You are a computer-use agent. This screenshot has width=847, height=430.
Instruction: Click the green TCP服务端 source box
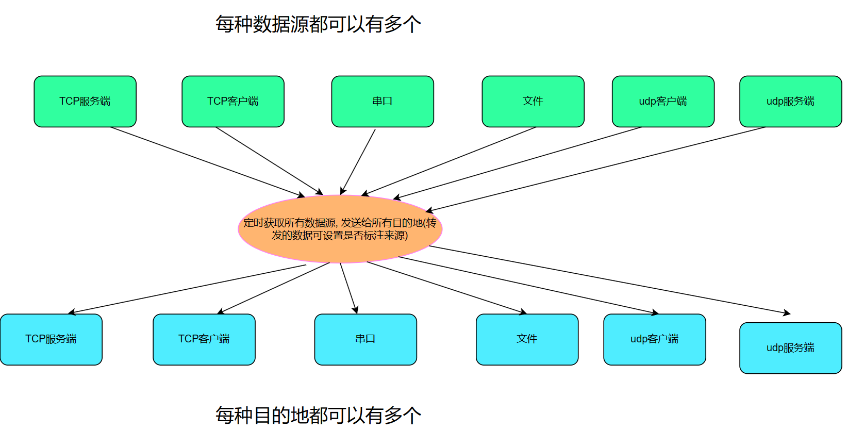pyautogui.click(x=85, y=102)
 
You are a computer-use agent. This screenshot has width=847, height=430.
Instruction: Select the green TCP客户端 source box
pyautogui.click(x=233, y=102)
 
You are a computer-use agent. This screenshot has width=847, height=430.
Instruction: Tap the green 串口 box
pyautogui.click(x=383, y=102)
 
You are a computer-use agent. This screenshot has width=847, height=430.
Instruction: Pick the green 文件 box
pyautogui.click(x=533, y=102)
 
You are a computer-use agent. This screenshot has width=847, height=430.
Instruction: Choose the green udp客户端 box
pyautogui.click(x=663, y=102)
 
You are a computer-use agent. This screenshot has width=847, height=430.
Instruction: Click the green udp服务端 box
pyautogui.click(x=790, y=102)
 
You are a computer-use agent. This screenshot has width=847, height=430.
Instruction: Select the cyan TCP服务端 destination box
pyautogui.click(x=51, y=339)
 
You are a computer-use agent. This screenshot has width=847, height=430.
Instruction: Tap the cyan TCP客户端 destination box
pyautogui.click(x=204, y=339)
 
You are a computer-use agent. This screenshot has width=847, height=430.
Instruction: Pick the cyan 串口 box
pyautogui.click(x=366, y=339)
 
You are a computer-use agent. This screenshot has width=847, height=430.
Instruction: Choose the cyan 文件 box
pyautogui.click(x=527, y=339)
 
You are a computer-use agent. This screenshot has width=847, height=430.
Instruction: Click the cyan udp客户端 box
pyautogui.click(x=654, y=339)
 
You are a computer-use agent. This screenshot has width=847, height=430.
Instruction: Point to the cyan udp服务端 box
pyautogui.click(x=790, y=348)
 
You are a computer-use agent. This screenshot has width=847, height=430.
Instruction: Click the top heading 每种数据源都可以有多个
pyautogui.click(x=318, y=24)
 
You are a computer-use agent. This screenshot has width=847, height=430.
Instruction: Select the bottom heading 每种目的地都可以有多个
pyautogui.click(x=318, y=415)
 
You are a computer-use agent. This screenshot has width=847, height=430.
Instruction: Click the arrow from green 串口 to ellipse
pyautogui.click(x=358, y=161)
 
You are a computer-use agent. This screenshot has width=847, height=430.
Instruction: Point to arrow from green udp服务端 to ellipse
pyautogui.click(x=595, y=169)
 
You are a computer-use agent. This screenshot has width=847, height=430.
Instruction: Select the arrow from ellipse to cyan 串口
pyautogui.click(x=348, y=288)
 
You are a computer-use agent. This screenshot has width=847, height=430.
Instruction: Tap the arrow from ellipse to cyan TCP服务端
pyautogui.click(x=187, y=289)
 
